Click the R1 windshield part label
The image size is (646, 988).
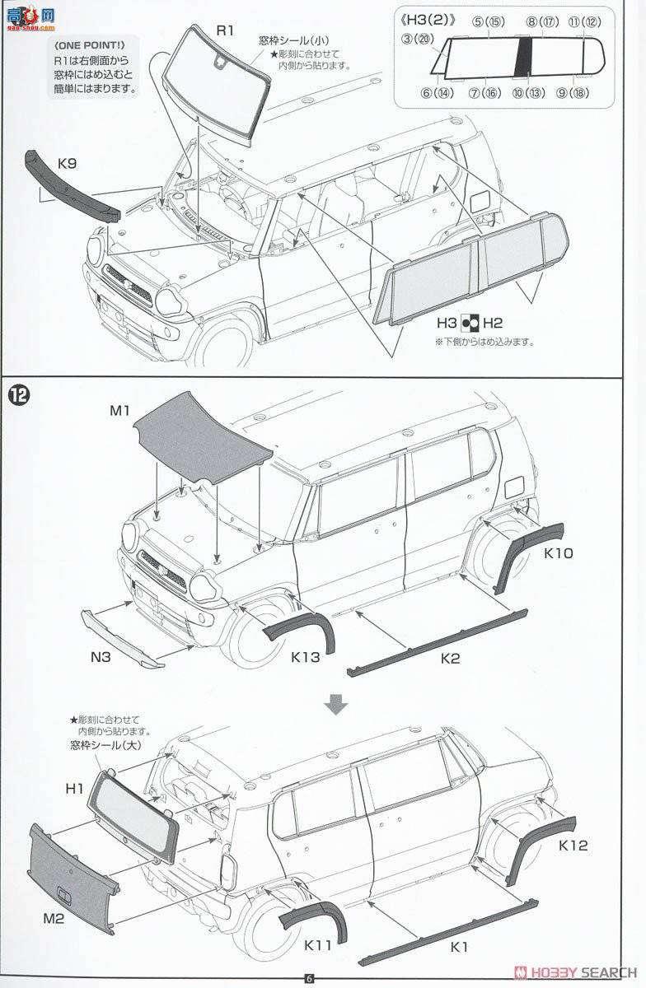click(225, 30)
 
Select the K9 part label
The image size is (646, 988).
click(68, 163)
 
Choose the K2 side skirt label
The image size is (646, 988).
click(450, 658)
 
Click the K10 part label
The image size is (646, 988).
click(558, 553)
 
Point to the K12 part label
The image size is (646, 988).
click(573, 845)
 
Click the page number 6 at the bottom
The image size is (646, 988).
click(309, 978)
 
